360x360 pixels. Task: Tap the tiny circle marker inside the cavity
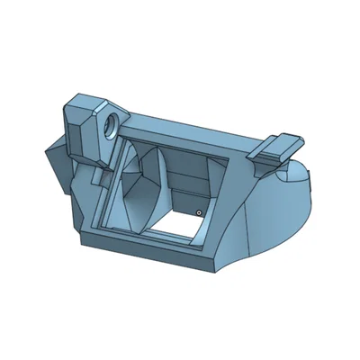(x=199, y=213)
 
